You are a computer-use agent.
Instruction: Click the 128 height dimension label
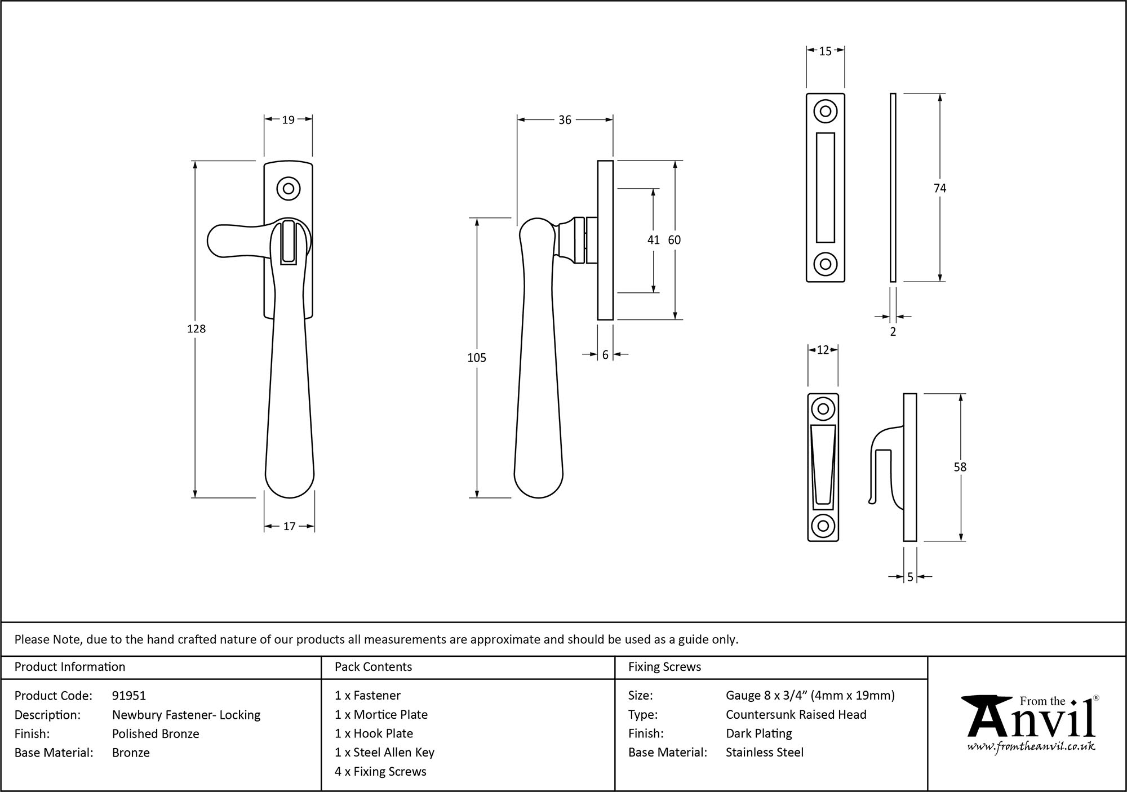coord(196,329)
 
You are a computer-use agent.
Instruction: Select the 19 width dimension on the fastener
coord(288,119)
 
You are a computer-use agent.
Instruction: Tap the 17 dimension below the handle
coord(289,526)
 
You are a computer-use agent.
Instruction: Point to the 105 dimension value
coord(477,358)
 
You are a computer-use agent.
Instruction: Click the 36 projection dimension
coord(565,119)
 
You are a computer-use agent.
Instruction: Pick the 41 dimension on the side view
coord(653,240)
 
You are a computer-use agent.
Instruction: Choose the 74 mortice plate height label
coord(939,188)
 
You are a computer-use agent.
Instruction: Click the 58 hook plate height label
coord(960,467)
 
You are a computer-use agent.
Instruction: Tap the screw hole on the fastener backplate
coord(289,189)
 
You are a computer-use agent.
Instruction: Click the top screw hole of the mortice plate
coord(825,111)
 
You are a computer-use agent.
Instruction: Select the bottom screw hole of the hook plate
coord(823,526)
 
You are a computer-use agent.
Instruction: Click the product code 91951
coord(129,696)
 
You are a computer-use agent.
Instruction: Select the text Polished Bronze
coord(156,733)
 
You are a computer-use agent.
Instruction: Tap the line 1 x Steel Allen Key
coord(384,752)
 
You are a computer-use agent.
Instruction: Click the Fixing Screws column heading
coord(664,667)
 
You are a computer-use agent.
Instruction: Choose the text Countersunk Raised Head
coord(796,714)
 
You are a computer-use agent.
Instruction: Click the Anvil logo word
coord(1031,720)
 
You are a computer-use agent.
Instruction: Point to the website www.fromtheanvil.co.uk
coord(1031,746)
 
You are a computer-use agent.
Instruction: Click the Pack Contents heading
coord(373,667)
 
